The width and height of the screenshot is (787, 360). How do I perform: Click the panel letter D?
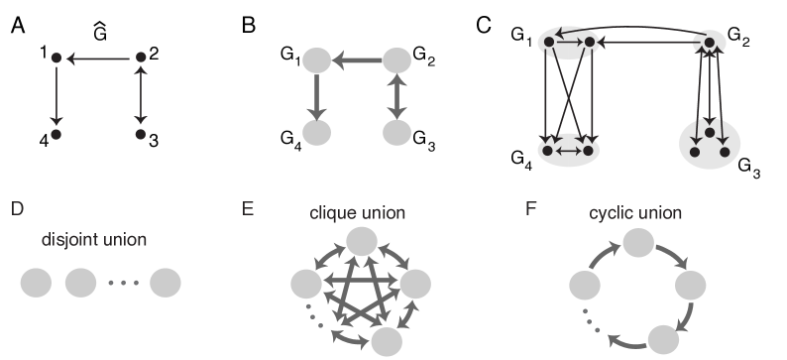16,209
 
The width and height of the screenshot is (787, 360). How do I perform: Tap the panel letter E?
249,209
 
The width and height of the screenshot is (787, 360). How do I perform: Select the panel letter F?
532,209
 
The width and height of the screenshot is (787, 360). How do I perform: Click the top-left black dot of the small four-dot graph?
56,60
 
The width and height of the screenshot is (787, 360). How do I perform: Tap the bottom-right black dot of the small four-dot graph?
141,133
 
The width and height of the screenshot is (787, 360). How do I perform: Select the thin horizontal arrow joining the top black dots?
98,60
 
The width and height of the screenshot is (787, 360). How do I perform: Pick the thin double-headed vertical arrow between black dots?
141,96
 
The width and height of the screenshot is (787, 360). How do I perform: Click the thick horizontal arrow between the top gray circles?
356,60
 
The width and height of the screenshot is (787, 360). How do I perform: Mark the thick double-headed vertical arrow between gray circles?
396,96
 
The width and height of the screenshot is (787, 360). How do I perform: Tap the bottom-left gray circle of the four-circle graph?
315,133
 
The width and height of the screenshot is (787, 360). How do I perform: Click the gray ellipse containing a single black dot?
710,43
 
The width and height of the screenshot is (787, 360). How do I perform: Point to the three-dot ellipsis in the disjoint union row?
123,285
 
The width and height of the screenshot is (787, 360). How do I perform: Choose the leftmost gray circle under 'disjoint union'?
36,284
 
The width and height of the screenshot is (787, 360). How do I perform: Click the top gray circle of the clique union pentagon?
360,241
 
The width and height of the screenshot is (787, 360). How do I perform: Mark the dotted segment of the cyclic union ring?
592,319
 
